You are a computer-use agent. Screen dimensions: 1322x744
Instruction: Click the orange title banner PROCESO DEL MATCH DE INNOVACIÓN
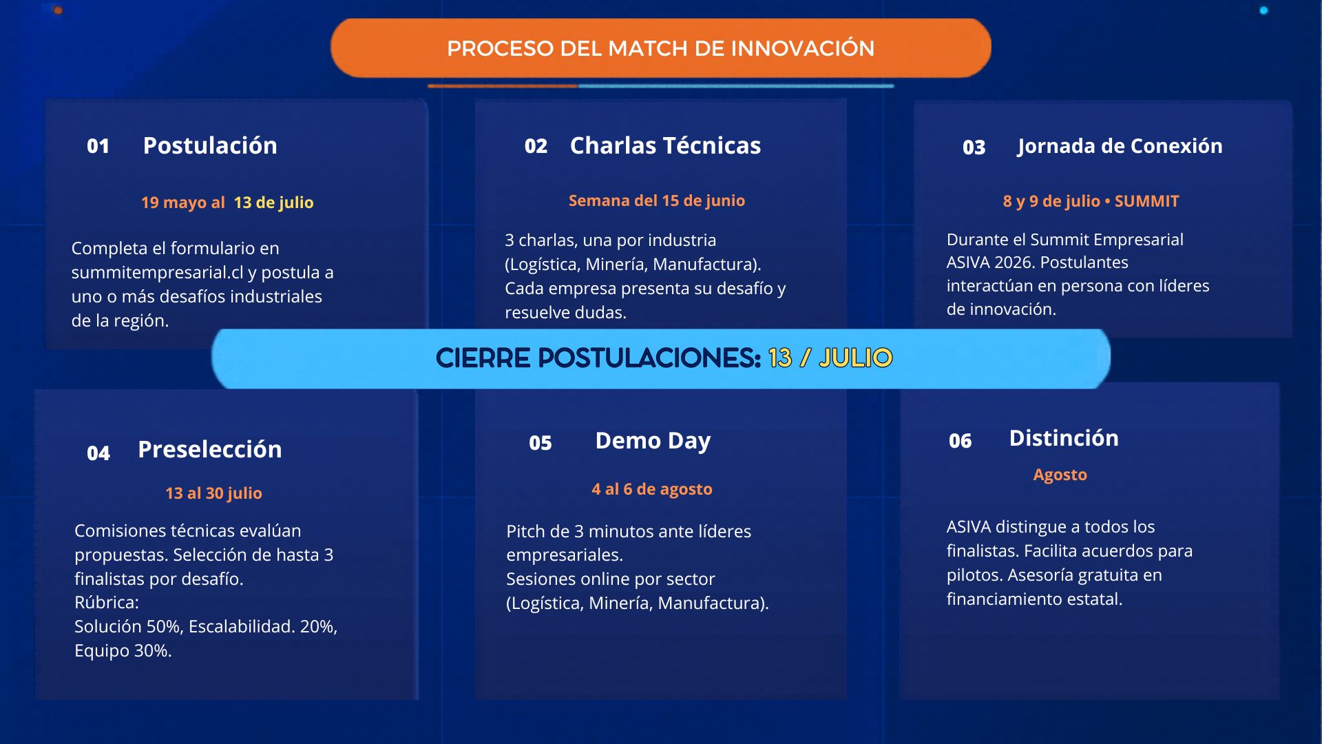[661, 48]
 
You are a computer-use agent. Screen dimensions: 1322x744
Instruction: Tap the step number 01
[98, 146]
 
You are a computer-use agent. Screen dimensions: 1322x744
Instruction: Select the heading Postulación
[210, 146]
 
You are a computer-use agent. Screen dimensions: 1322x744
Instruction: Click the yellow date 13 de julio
[273, 203]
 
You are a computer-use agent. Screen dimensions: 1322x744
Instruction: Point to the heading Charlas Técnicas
[665, 145]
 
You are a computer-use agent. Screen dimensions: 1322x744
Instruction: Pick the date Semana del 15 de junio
[657, 200]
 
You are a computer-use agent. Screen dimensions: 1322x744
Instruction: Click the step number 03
[974, 147]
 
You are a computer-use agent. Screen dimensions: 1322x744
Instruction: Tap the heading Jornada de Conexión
[1120, 146]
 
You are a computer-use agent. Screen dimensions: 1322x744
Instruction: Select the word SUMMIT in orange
[1147, 201]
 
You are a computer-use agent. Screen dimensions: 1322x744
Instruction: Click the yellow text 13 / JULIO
[830, 358]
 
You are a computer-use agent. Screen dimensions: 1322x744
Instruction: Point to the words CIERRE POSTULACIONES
[598, 358]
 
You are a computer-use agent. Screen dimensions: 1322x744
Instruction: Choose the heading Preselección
[210, 449]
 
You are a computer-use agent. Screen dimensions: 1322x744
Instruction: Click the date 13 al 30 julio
[213, 493]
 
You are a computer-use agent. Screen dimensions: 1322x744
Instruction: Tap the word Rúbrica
[107, 602]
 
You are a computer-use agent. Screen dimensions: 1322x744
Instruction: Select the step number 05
[541, 443]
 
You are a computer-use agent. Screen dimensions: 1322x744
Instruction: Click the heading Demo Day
[653, 441]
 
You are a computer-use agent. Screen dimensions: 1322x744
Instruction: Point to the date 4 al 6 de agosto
[652, 489]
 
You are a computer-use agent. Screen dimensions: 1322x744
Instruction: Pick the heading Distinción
[1064, 438]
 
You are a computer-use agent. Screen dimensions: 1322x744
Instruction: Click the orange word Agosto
[1060, 475]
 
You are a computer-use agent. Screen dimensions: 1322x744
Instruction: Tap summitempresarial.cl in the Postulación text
[158, 273]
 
